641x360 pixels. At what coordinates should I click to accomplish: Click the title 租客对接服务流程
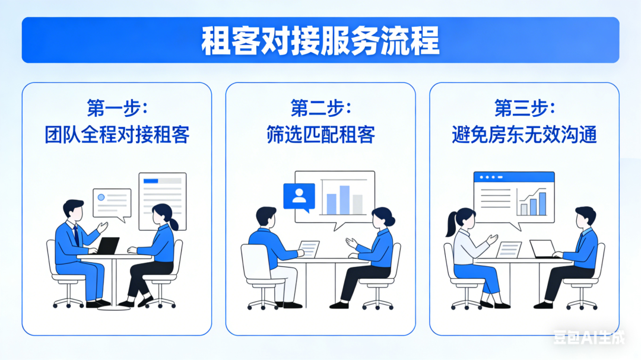[320, 40]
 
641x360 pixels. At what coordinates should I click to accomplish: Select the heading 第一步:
[117, 109]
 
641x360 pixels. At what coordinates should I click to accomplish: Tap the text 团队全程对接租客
[117, 135]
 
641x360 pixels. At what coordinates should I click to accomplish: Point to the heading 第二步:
[320, 109]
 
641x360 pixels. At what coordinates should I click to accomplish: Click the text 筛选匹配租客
[320, 135]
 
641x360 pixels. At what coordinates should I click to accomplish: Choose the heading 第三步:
[524, 109]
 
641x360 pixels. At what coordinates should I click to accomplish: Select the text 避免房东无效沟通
[524, 135]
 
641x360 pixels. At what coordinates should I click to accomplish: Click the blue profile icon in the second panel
[299, 196]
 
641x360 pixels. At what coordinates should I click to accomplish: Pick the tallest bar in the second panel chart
[344, 199]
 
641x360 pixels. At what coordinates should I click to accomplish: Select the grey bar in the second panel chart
[357, 203]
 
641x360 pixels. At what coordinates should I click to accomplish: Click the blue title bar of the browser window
[514, 177]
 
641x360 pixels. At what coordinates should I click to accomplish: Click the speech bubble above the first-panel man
[112, 203]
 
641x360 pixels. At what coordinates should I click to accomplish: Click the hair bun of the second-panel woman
[391, 221]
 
